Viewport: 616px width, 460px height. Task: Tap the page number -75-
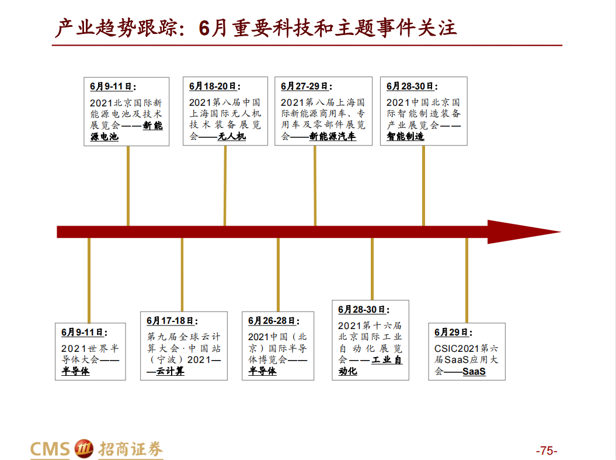pyautogui.click(x=547, y=451)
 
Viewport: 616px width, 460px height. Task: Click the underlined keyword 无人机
pyautogui.click(x=232, y=137)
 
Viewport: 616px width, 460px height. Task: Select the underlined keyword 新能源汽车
pyautogui.click(x=332, y=137)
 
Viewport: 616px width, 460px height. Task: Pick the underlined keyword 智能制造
pyautogui.click(x=405, y=137)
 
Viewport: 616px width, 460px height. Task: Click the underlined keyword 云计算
pyautogui.click(x=170, y=371)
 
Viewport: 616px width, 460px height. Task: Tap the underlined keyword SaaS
pyautogui.click(x=474, y=372)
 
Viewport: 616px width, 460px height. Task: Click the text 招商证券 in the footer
pyautogui.click(x=130, y=449)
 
